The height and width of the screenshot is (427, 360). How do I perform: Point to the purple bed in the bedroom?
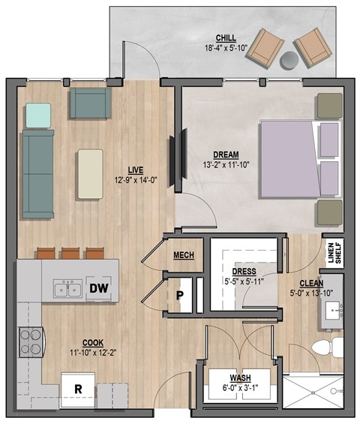tap(289, 159)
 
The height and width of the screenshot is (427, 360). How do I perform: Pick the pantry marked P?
tap(180, 295)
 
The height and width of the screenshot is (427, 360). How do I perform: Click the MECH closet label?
tap(184, 256)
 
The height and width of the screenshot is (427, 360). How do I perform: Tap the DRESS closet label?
tap(244, 271)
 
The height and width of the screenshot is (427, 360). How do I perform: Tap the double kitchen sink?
tap(67, 289)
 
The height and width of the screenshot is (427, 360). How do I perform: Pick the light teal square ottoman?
tap(39, 115)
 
